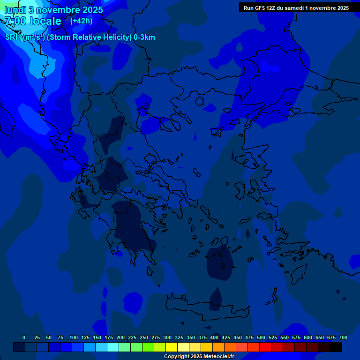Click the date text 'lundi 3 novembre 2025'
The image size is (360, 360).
click(54, 10)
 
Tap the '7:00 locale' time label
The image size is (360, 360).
click(33, 21)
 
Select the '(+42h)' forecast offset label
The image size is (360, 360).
click(81, 21)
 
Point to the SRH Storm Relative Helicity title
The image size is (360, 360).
click(80, 37)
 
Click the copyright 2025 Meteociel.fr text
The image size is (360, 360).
click(199, 356)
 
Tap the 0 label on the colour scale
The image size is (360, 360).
click(24, 337)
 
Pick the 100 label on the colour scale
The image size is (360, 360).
click(74, 337)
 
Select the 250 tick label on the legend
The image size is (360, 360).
click(144, 337)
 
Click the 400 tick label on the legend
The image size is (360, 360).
click(214, 337)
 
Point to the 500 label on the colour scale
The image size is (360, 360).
click(261, 337)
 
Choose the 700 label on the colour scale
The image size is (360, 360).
click(343, 337)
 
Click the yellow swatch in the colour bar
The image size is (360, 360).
click(172, 347)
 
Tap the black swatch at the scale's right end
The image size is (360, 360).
click(336, 347)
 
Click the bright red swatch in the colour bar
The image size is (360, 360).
click(265, 347)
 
